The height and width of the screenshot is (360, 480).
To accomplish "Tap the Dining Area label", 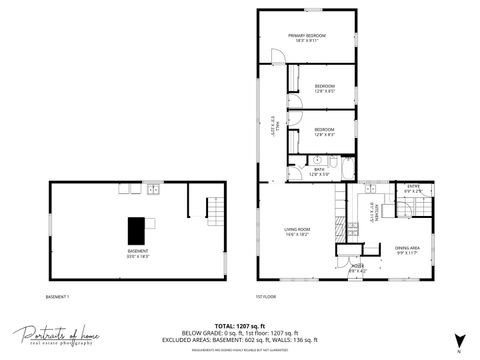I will tap(406, 249).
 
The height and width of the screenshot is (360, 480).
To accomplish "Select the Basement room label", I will tap(138, 253).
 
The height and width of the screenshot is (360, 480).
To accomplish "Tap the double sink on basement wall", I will tap(153, 188).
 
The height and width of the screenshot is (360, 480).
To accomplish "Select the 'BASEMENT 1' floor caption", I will tap(58, 297).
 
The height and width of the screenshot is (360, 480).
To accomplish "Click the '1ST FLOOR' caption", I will tap(267, 297).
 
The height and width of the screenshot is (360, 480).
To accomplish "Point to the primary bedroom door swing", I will tap(275, 58).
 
